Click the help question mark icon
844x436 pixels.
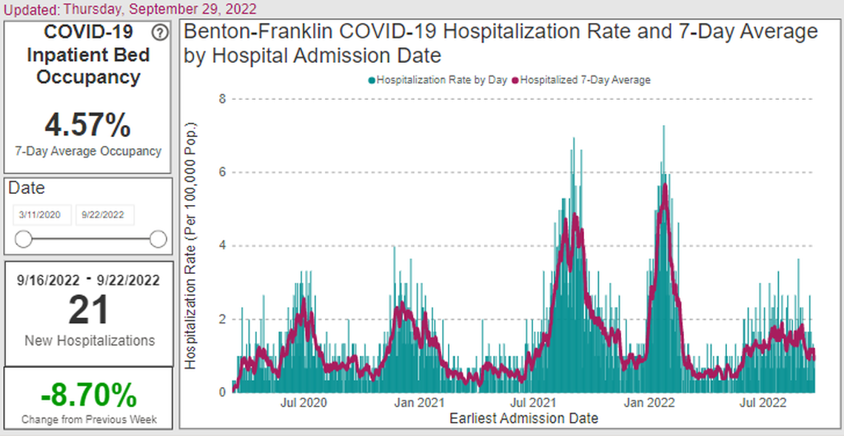(x=159, y=33)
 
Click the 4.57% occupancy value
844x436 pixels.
(x=88, y=125)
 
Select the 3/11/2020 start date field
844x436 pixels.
(x=42, y=215)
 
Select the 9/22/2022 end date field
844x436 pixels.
(x=104, y=215)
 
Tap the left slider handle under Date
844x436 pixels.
(x=24, y=239)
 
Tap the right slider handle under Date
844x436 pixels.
(x=158, y=239)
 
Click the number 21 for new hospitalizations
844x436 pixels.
(x=89, y=310)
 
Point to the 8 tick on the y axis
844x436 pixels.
(x=221, y=98)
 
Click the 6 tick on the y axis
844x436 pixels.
(x=221, y=172)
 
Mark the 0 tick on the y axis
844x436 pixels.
(x=221, y=392)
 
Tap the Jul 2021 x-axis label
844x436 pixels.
(x=535, y=403)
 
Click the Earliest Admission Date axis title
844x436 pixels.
(x=523, y=419)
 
